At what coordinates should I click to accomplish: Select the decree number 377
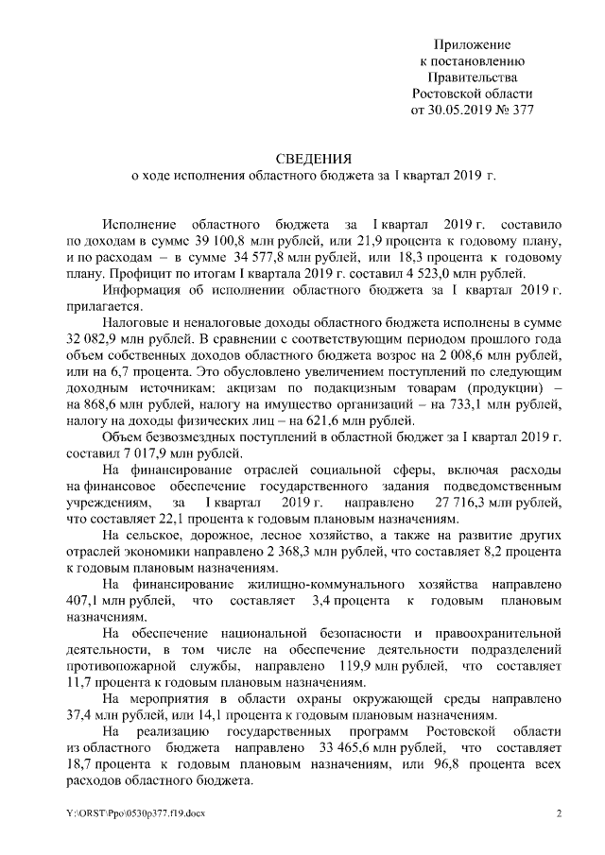pyautogui.click(x=522, y=109)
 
